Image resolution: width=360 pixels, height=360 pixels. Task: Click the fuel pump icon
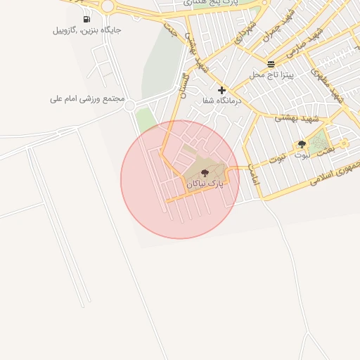(86, 20)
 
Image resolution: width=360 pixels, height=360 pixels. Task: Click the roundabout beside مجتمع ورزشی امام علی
(130, 105)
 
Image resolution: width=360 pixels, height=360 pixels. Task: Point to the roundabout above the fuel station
(108, 6)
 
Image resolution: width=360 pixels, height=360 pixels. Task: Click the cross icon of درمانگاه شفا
(222, 90)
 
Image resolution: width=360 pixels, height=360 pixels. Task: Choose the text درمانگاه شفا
(222, 101)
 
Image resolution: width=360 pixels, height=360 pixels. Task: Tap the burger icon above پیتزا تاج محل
(271, 64)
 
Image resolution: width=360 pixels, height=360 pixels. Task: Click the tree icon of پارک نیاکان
(205, 172)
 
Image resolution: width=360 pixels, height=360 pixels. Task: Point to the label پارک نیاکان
(205, 183)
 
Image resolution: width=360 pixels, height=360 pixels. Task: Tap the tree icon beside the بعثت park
(302, 144)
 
